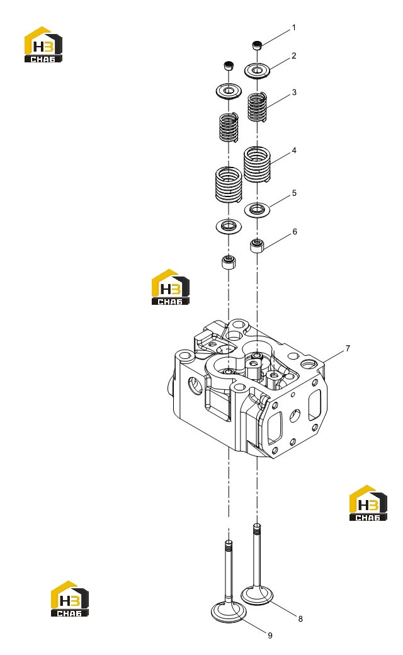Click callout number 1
(x=293, y=28)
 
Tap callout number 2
(x=294, y=55)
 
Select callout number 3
(x=294, y=93)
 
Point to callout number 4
(x=294, y=151)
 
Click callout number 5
(x=295, y=193)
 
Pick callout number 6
(x=295, y=232)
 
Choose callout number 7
(x=348, y=348)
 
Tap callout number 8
(x=300, y=618)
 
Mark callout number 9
(x=270, y=635)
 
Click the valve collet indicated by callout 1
(x=258, y=45)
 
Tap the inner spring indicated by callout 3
(x=258, y=107)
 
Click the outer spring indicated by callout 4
(x=257, y=164)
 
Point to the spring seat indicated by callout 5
(x=257, y=209)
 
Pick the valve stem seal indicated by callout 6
(x=258, y=246)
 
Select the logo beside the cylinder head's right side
(x=368, y=503)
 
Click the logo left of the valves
(x=70, y=598)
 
